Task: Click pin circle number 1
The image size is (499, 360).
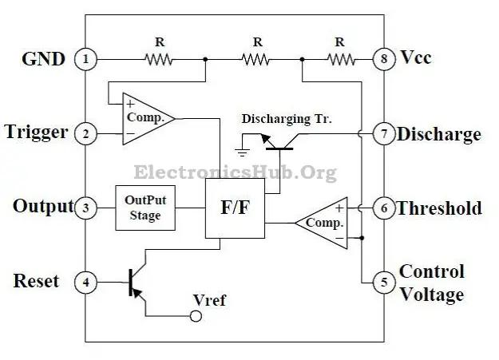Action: (85, 58)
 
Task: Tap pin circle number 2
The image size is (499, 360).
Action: (85, 133)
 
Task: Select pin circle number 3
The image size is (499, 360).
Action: (85, 208)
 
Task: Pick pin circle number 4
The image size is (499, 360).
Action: (85, 282)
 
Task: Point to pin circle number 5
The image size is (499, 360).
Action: (384, 282)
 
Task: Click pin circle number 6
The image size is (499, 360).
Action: (384, 208)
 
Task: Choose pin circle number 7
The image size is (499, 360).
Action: (384, 133)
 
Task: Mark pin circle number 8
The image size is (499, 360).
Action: (384, 58)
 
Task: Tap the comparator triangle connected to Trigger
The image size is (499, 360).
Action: (145, 119)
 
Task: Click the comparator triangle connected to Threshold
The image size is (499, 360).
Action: (323, 223)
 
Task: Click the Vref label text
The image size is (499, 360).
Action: (209, 300)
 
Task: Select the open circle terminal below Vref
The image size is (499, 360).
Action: (193, 316)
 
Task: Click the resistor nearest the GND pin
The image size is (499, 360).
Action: (160, 58)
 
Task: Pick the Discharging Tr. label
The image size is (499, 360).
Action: (287, 119)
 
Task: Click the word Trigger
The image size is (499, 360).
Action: (36, 132)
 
